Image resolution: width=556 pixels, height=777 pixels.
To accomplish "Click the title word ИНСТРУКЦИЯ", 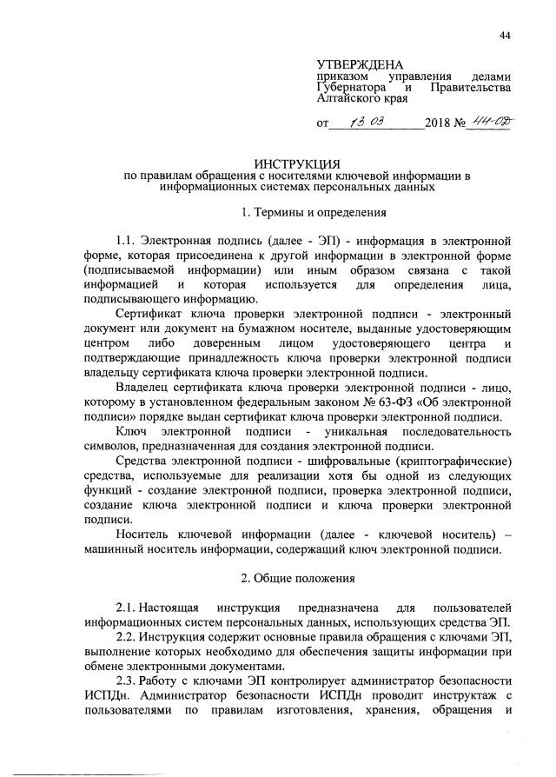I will pos(297,163).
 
